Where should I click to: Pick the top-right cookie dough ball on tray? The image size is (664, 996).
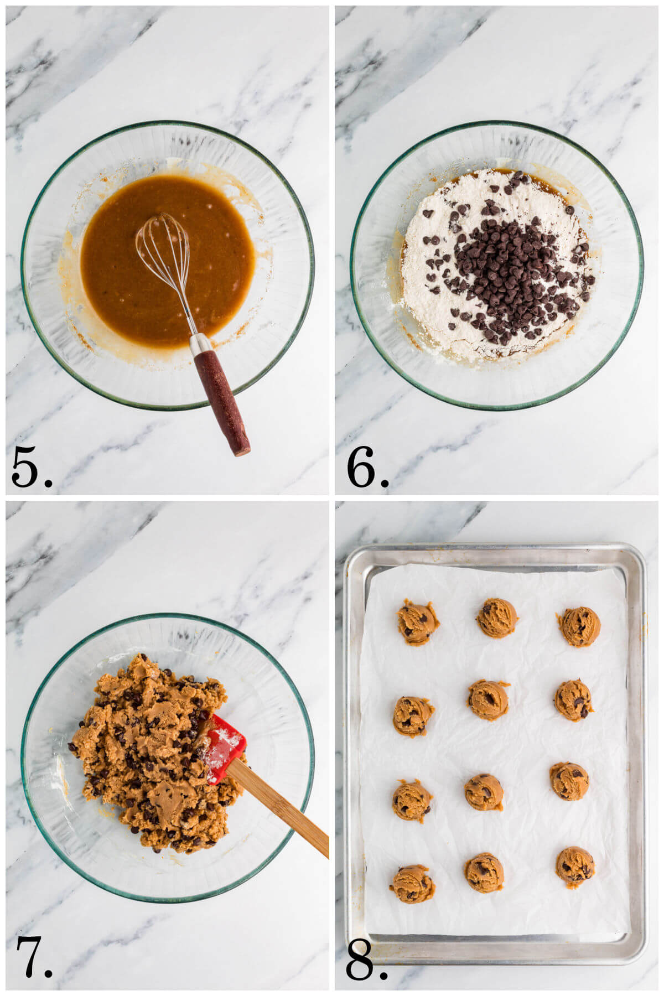click(579, 626)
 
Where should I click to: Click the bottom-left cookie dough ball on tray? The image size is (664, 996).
click(412, 884)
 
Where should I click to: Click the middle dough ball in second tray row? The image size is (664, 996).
click(489, 700)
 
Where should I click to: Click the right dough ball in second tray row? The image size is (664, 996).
click(574, 699)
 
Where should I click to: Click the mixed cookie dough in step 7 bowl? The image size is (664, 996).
click(144, 753)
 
